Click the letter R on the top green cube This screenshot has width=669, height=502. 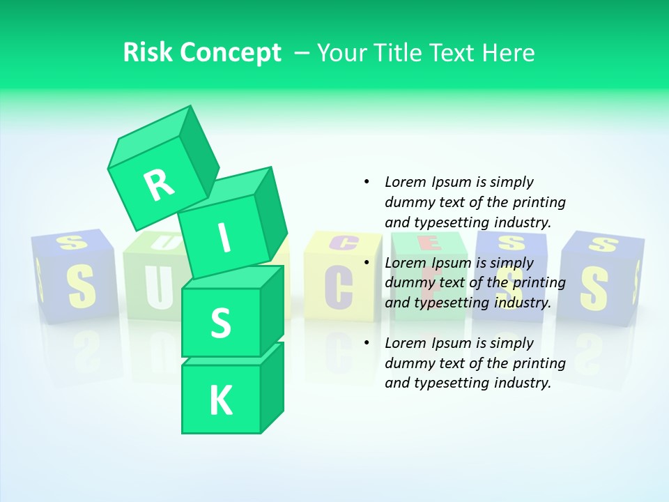point(159,185)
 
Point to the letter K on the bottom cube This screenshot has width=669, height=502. point(220,400)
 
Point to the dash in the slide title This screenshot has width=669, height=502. point(302,53)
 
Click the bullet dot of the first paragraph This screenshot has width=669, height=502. point(367,182)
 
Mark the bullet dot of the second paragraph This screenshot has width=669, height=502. point(367,263)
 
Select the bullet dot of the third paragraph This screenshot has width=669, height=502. point(367,343)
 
